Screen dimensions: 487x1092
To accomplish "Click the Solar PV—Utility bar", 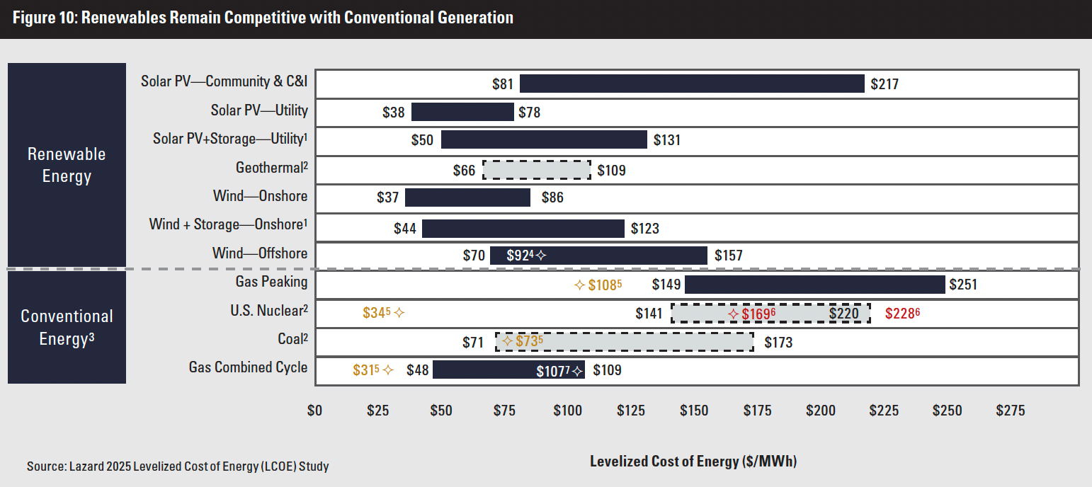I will pyautogui.click(x=462, y=112).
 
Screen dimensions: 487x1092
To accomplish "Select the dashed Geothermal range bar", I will pyautogui.click(x=536, y=170).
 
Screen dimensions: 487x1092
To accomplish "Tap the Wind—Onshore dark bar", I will pyautogui.click(x=467, y=197).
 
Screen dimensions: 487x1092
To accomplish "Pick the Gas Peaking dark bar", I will pyautogui.click(x=814, y=285).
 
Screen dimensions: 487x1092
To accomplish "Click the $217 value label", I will pyautogui.click(x=885, y=84).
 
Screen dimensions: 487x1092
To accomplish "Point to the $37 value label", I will pyautogui.click(x=387, y=197).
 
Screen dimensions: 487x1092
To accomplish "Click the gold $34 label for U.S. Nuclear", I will pyautogui.click(x=377, y=313).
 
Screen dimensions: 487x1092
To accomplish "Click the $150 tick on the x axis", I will pyautogui.click(x=693, y=411).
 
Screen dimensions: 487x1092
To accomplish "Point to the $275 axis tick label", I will pyautogui.click(x=1010, y=411).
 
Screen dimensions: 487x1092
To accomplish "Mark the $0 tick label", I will pyautogui.click(x=315, y=411).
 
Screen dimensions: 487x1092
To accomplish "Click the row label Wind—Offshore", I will pyautogui.click(x=260, y=253).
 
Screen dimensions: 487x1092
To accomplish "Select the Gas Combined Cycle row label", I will pyautogui.click(x=248, y=367).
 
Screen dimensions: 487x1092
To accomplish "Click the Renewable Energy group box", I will pyautogui.click(x=67, y=164).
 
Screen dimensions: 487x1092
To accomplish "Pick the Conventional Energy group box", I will pyautogui.click(x=67, y=327).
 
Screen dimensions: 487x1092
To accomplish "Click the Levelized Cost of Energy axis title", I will pyautogui.click(x=693, y=462).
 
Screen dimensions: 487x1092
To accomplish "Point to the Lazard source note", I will pyautogui.click(x=178, y=466).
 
